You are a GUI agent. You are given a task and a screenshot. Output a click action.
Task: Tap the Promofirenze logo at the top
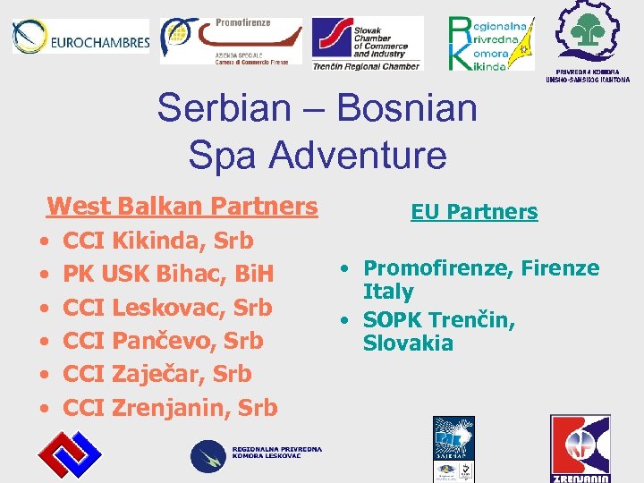tap(231, 40)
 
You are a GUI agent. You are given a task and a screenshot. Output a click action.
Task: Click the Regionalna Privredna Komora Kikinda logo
tap(490, 42)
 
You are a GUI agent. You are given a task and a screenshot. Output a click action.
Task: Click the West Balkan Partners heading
tap(182, 206)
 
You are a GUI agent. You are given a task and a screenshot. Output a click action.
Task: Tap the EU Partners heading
tap(474, 212)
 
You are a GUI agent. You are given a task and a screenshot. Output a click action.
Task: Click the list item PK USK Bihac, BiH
tap(168, 274)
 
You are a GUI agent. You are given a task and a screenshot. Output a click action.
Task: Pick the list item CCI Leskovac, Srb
tap(167, 307)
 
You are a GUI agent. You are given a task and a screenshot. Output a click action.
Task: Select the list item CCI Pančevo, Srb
tap(163, 341)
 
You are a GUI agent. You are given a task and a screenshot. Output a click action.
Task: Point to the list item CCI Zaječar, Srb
tap(157, 374)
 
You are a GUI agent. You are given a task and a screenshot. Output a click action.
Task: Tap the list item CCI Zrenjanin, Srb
tap(170, 408)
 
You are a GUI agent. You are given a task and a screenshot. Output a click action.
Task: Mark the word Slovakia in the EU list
tap(408, 343)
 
